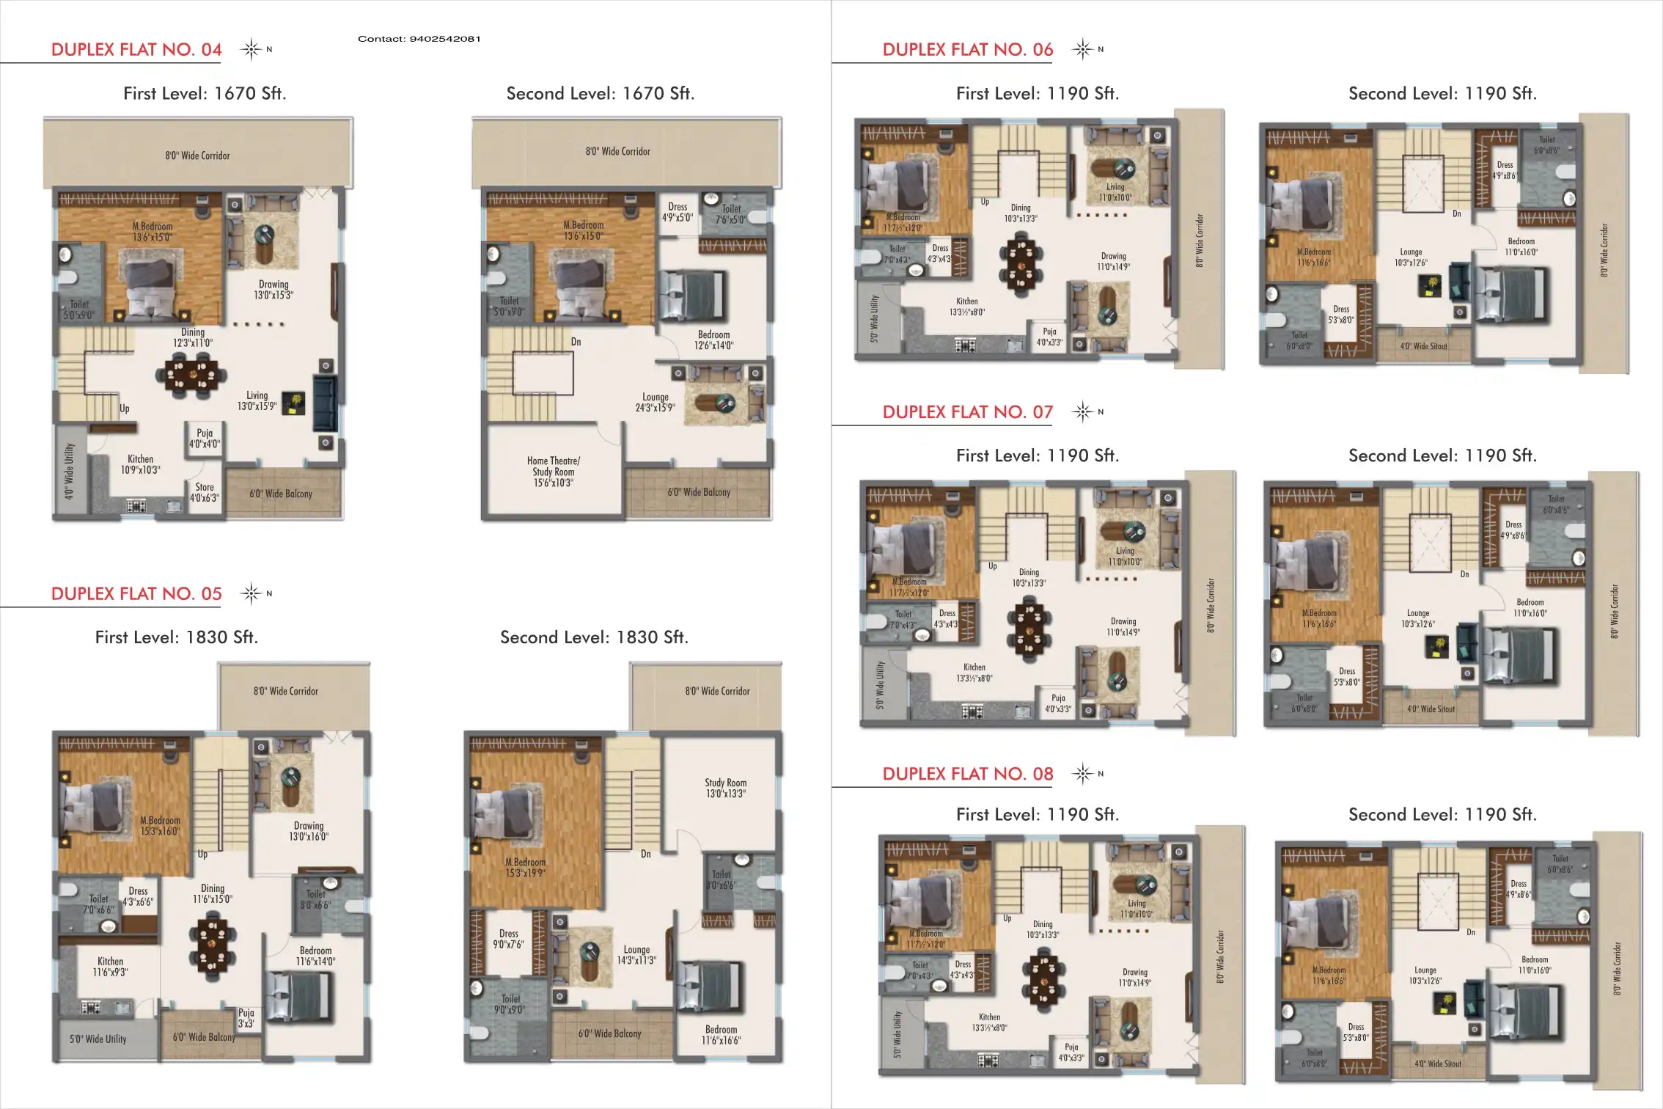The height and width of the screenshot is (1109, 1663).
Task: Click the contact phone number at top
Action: (x=419, y=39)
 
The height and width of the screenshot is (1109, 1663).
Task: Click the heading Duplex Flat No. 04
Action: (x=136, y=50)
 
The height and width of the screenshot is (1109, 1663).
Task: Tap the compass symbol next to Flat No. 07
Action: (x=1082, y=411)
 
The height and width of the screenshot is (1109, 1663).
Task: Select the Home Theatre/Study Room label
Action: (x=554, y=472)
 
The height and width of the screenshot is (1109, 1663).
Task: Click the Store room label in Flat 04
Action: (x=205, y=492)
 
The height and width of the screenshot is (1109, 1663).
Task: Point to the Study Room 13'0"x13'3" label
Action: (x=726, y=788)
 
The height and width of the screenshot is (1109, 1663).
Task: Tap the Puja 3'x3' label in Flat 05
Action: (x=246, y=1017)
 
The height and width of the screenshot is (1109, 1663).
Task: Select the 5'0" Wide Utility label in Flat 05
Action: (x=98, y=1039)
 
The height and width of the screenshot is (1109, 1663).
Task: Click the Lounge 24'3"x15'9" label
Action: (x=655, y=402)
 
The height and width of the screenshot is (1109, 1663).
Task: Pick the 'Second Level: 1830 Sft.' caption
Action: (x=594, y=637)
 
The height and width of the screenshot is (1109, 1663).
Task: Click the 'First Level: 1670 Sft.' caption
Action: (x=205, y=94)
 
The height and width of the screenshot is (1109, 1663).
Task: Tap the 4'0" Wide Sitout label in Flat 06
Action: (x=1423, y=346)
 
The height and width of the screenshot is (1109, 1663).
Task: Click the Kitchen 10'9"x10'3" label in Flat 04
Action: (x=140, y=464)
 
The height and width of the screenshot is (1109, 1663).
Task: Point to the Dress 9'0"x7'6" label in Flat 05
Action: (x=508, y=939)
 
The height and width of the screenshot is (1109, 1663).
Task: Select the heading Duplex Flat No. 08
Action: (x=967, y=774)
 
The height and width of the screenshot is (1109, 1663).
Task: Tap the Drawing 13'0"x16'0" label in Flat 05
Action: (x=309, y=831)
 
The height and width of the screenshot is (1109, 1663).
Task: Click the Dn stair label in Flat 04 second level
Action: (x=576, y=342)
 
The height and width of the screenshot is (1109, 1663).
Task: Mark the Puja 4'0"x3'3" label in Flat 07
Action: (x=1058, y=703)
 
